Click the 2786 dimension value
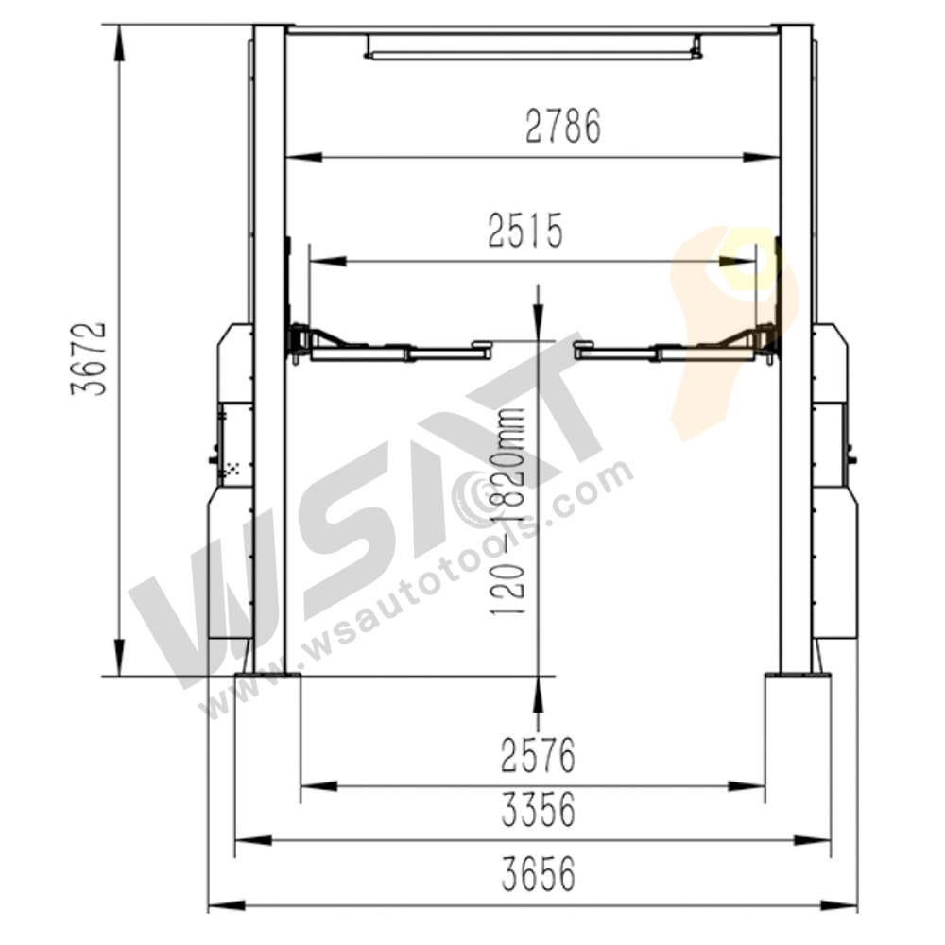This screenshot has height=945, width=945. tap(563, 125)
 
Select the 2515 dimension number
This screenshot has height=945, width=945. tap(525, 230)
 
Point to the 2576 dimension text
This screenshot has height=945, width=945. tap(538, 754)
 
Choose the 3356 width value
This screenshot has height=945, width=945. tap(538, 810)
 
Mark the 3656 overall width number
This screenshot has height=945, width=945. tap(538, 874)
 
